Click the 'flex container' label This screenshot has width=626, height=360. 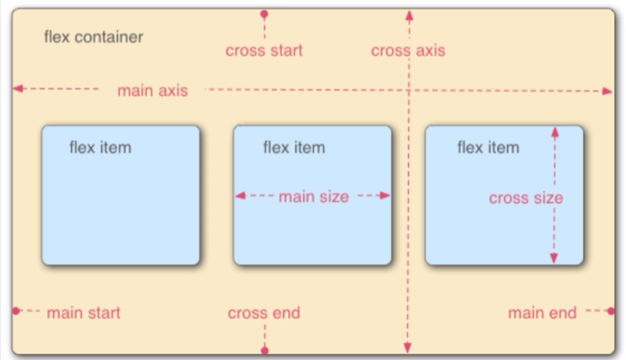(93, 37)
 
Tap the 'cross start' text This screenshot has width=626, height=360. (264, 51)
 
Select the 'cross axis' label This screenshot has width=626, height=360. (408, 51)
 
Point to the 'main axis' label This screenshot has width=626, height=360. (152, 91)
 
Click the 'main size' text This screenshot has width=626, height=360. (313, 197)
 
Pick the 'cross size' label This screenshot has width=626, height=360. (526, 198)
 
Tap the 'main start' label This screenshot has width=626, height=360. (84, 313)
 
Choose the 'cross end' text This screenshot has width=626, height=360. (264, 313)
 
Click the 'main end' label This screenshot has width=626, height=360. (542, 313)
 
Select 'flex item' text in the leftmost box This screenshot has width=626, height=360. (100, 147)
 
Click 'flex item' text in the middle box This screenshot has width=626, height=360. (294, 147)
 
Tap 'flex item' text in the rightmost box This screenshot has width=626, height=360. (487, 147)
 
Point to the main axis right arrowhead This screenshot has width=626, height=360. (608, 91)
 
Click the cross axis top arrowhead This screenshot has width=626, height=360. (408, 14)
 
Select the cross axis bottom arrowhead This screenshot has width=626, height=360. (408, 348)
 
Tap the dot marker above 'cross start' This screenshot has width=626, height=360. (264, 14)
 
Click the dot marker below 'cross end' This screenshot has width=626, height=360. (264, 350)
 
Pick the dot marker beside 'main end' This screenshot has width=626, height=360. (611, 311)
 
